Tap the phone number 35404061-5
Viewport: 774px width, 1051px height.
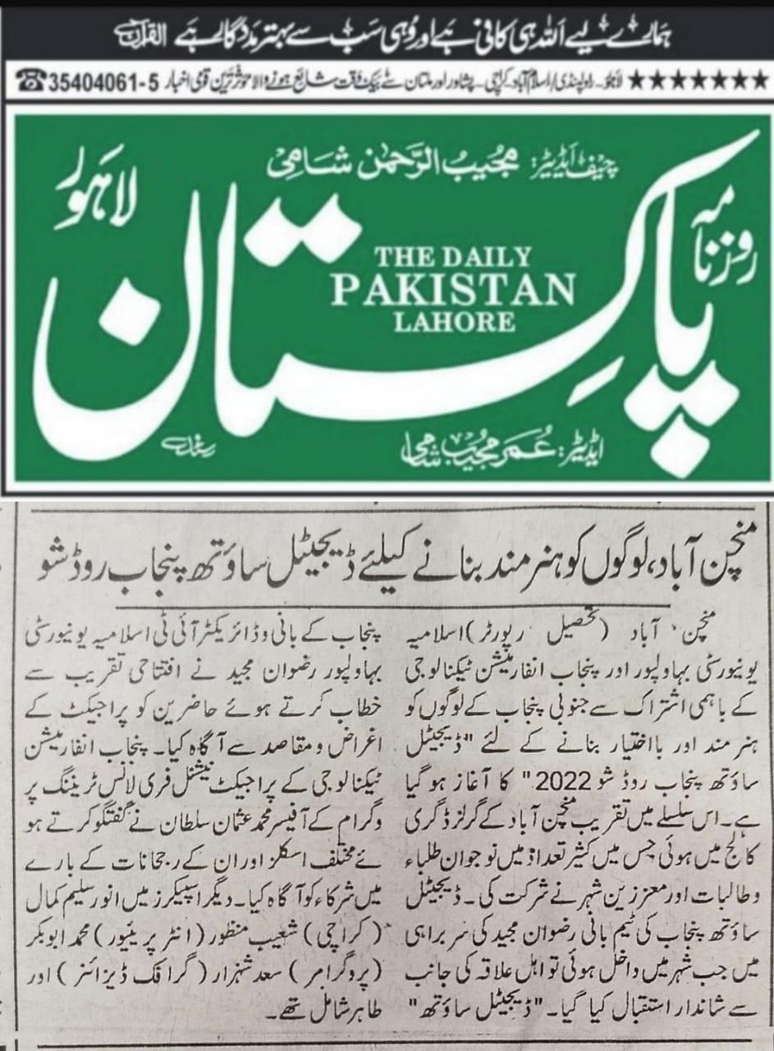coord(104,82)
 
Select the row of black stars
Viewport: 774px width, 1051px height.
coord(703,82)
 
